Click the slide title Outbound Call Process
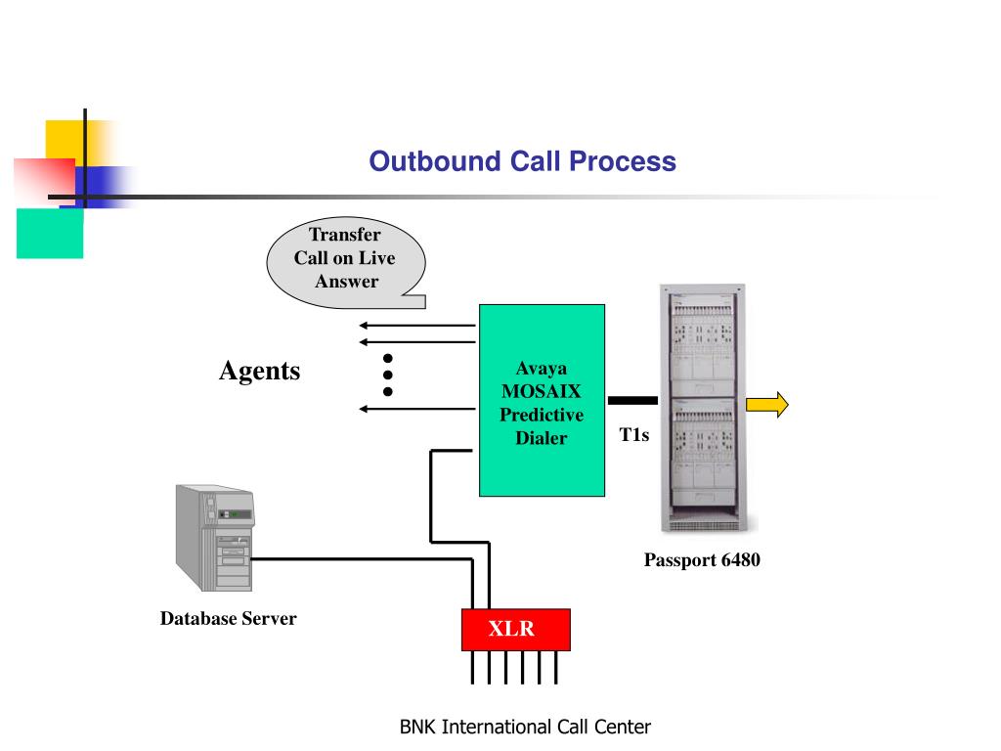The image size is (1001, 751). [x=522, y=161]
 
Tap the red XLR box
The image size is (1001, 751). [x=516, y=630]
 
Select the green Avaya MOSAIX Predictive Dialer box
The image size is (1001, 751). [x=542, y=400]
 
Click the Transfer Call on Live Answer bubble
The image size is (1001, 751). [x=346, y=262]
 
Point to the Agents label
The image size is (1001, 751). [x=260, y=371]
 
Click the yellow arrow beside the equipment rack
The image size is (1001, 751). [x=767, y=405]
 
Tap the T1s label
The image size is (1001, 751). [x=633, y=435]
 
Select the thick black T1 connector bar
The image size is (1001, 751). [x=632, y=400]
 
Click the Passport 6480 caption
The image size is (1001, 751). [x=702, y=560]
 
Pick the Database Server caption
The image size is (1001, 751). [x=228, y=618]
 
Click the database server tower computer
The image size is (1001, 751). [x=215, y=538]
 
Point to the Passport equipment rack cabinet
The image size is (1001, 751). [x=703, y=408]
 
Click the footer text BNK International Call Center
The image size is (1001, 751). [x=525, y=727]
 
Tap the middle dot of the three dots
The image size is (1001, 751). [x=387, y=375]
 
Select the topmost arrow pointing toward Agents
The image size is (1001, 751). [x=417, y=326]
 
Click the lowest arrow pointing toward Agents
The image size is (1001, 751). [x=417, y=409]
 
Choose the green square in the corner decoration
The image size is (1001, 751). [x=50, y=233]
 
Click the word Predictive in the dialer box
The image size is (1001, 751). [x=542, y=415]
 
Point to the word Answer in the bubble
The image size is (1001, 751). [x=347, y=282]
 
